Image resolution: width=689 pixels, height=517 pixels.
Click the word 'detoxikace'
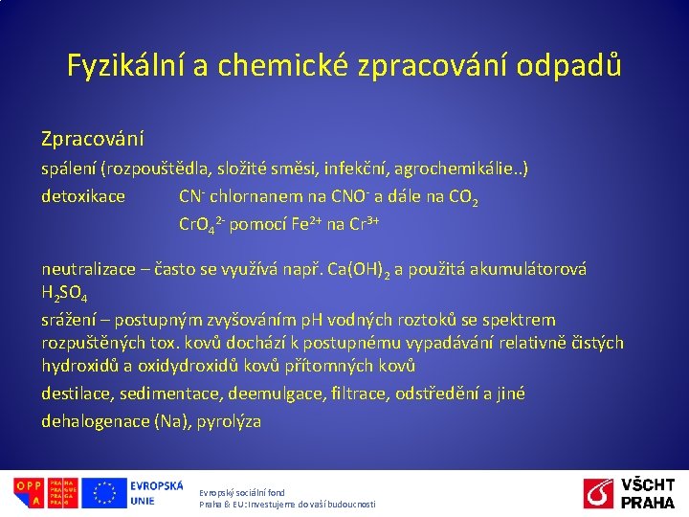83,196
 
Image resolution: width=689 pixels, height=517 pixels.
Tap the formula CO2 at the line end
462,198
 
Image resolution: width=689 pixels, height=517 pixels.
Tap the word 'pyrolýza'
229,420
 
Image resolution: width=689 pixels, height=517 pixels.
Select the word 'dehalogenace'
95,420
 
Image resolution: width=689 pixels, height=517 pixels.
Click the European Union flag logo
103,493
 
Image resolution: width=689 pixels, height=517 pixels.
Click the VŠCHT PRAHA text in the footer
648,493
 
